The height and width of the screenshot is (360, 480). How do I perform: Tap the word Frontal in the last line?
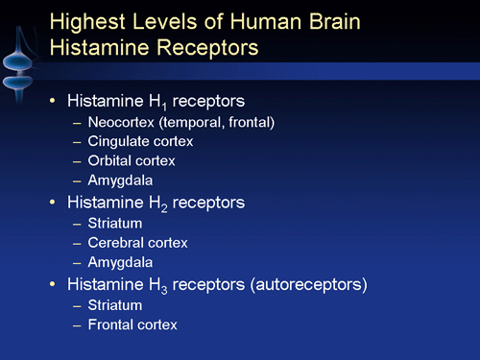(109, 324)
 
